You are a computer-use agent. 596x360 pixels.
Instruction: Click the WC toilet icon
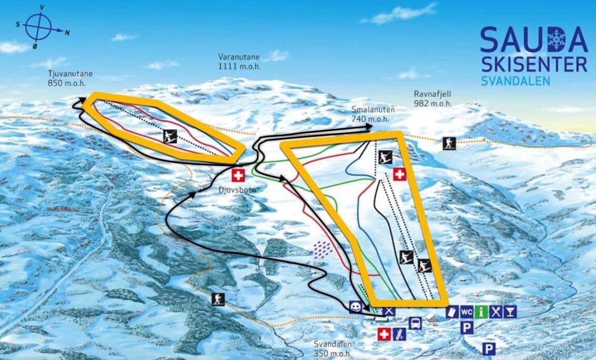(467, 312)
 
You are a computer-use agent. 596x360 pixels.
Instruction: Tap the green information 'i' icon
(481, 312)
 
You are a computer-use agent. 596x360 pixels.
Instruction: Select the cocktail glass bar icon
(509, 312)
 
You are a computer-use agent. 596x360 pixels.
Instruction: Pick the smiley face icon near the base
(356, 307)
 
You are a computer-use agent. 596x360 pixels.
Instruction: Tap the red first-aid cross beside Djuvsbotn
(239, 175)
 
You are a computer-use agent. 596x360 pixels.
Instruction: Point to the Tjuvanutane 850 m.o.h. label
(66, 78)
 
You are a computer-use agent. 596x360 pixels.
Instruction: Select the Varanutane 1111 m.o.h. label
(239, 62)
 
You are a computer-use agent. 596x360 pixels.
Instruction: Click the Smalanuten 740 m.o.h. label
(372, 114)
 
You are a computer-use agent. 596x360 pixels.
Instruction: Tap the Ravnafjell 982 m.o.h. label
(432, 99)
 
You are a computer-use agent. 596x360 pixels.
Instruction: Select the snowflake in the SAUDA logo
(555, 39)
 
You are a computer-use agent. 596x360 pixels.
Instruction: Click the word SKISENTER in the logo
(533, 65)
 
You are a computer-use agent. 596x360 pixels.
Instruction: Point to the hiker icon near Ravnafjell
(449, 143)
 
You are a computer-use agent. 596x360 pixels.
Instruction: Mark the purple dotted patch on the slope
(320, 248)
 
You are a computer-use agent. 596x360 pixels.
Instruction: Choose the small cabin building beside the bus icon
(433, 319)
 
